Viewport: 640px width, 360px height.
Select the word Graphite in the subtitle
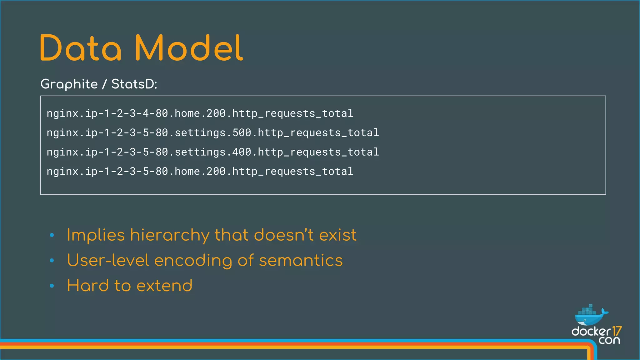[x=69, y=84]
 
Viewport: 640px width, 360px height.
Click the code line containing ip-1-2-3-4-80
[x=200, y=113]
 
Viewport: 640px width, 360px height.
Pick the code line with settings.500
[x=212, y=132]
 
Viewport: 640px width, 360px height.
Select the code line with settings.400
[x=212, y=152]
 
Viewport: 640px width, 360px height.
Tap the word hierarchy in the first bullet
[x=169, y=236]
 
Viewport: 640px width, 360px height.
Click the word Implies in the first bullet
[x=96, y=236]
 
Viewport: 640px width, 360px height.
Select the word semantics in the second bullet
[x=301, y=261]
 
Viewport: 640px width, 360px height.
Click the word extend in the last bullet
[x=164, y=286]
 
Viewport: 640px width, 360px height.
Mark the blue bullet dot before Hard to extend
[x=52, y=286]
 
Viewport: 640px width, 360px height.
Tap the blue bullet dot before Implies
[x=52, y=235]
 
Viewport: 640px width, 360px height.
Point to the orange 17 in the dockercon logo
[x=617, y=331]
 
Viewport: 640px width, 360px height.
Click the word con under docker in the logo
[x=609, y=340]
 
